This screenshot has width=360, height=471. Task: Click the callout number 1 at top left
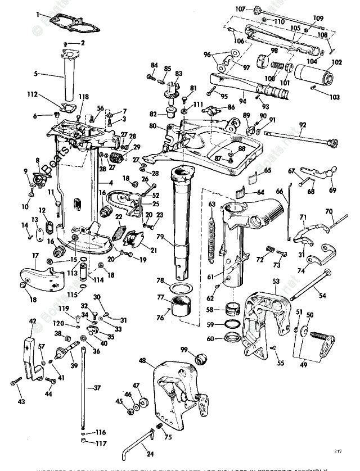tap(39, 14)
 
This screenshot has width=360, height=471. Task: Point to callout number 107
tap(240, 9)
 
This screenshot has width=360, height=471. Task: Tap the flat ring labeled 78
tap(180, 289)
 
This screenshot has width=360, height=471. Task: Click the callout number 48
tap(142, 360)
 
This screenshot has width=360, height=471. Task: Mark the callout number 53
tap(276, 280)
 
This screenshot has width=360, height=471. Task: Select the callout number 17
tap(35, 255)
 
